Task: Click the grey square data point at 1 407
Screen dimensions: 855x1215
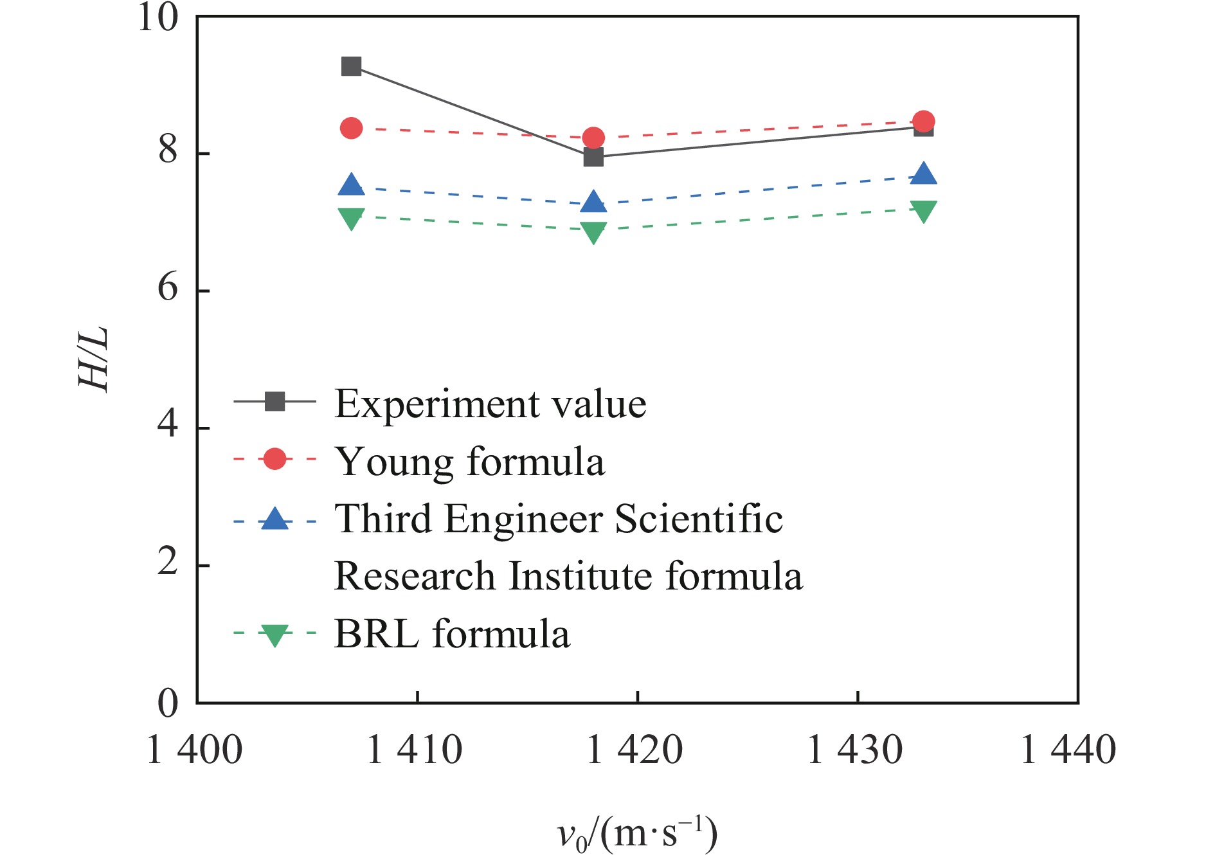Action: (351, 66)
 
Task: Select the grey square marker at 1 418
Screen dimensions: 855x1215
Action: (593, 157)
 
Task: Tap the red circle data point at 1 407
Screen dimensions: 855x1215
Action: (351, 129)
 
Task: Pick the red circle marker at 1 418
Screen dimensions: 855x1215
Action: (593, 138)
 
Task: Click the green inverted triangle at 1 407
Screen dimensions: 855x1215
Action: (351, 218)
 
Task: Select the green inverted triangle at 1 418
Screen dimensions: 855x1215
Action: (593, 231)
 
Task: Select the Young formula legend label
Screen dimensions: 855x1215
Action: (470, 461)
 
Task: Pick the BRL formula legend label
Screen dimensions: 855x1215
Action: (452, 634)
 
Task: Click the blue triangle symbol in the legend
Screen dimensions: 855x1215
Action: (275, 518)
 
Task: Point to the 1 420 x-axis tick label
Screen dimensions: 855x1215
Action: (635, 750)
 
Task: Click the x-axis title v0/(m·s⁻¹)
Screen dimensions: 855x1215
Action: (636, 834)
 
